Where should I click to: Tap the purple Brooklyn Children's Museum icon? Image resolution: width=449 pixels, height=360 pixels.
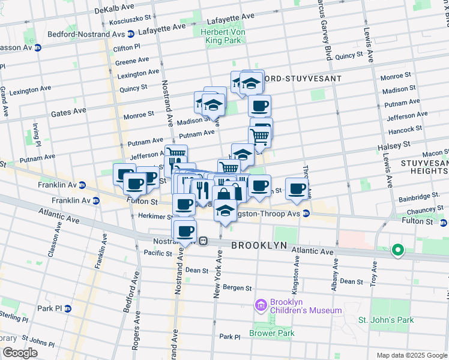[x=261, y=306]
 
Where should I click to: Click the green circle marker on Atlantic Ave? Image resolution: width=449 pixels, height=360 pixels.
[x=397, y=250]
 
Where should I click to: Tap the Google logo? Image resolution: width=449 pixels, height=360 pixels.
[x=20, y=352]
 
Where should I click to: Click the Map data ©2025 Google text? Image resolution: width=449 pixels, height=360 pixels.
[x=411, y=355]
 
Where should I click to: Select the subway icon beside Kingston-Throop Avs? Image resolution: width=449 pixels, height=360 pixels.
[x=306, y=213]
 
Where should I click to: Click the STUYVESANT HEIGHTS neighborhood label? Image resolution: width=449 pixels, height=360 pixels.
[x=423, y=167]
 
